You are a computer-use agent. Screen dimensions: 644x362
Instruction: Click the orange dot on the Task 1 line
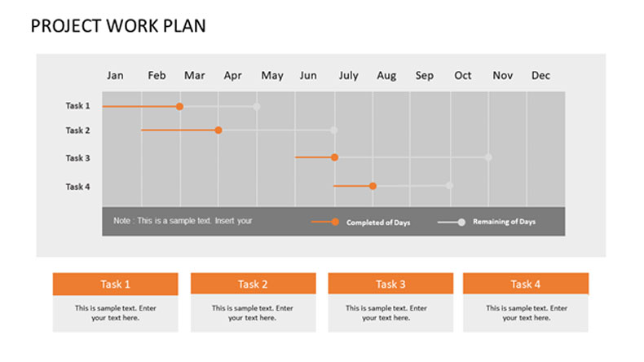pyautogui.click(x=179, y=107)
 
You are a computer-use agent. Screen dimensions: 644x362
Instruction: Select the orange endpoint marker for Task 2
pyautogui.click(x=218, y=130)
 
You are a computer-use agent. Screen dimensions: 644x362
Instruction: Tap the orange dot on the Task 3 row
pyautogui.click(x=335, y=157)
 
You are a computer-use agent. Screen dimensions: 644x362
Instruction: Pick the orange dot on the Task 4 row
pyautogui.click(x=373, y=186)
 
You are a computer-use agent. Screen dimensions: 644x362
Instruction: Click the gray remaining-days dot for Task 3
pyautogui.click(x=488, y=157)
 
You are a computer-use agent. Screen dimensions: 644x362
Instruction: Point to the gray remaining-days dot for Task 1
pyautogui.click(x=257, y=107)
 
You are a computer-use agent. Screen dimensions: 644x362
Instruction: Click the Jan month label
pyautogui.click(x=115, y=76)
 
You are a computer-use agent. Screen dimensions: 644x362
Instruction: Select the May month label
pyautogui.click(x=272, y=76)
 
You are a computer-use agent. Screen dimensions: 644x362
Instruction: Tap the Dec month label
pyautogui.click(x=540, y=76)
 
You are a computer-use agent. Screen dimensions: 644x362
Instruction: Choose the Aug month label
pyautogui.click(x=386, y=76)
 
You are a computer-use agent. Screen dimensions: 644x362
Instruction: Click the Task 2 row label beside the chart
pyautogui.click(x=77, y=130)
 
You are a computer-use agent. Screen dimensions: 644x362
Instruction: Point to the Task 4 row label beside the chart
pyautogui.click(x=77, y=187)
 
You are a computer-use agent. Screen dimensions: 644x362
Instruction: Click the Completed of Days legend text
pyautogui.click(x=378, y=223)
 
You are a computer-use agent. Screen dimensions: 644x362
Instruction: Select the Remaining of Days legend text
pyautogui.click(x=504, y=222)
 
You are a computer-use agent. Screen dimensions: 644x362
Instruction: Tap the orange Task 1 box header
pyautogui.click(x=116, y=284)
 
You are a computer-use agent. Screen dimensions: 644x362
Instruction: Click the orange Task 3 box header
pyautogui.click(x=390, y=284)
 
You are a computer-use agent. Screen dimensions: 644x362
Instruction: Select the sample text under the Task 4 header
pyautogui.click(x=527, y=313)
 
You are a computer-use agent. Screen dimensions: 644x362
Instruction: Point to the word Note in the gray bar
pyautogui.click(x=121, y=221)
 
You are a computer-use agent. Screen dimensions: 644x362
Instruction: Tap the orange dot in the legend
pyautogui.click(x=335, y=222)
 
